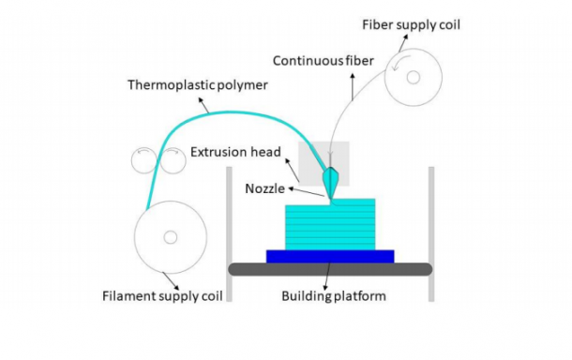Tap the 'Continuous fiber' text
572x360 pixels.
[323, 62]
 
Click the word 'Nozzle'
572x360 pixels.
[266, 187]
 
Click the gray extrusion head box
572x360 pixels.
[309, 155]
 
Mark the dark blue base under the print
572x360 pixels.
[329, 255]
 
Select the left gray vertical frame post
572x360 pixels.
[229, 234]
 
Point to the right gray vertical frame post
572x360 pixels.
[431, 234]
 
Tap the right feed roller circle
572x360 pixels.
[172, 160]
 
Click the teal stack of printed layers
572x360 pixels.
[329, 225]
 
